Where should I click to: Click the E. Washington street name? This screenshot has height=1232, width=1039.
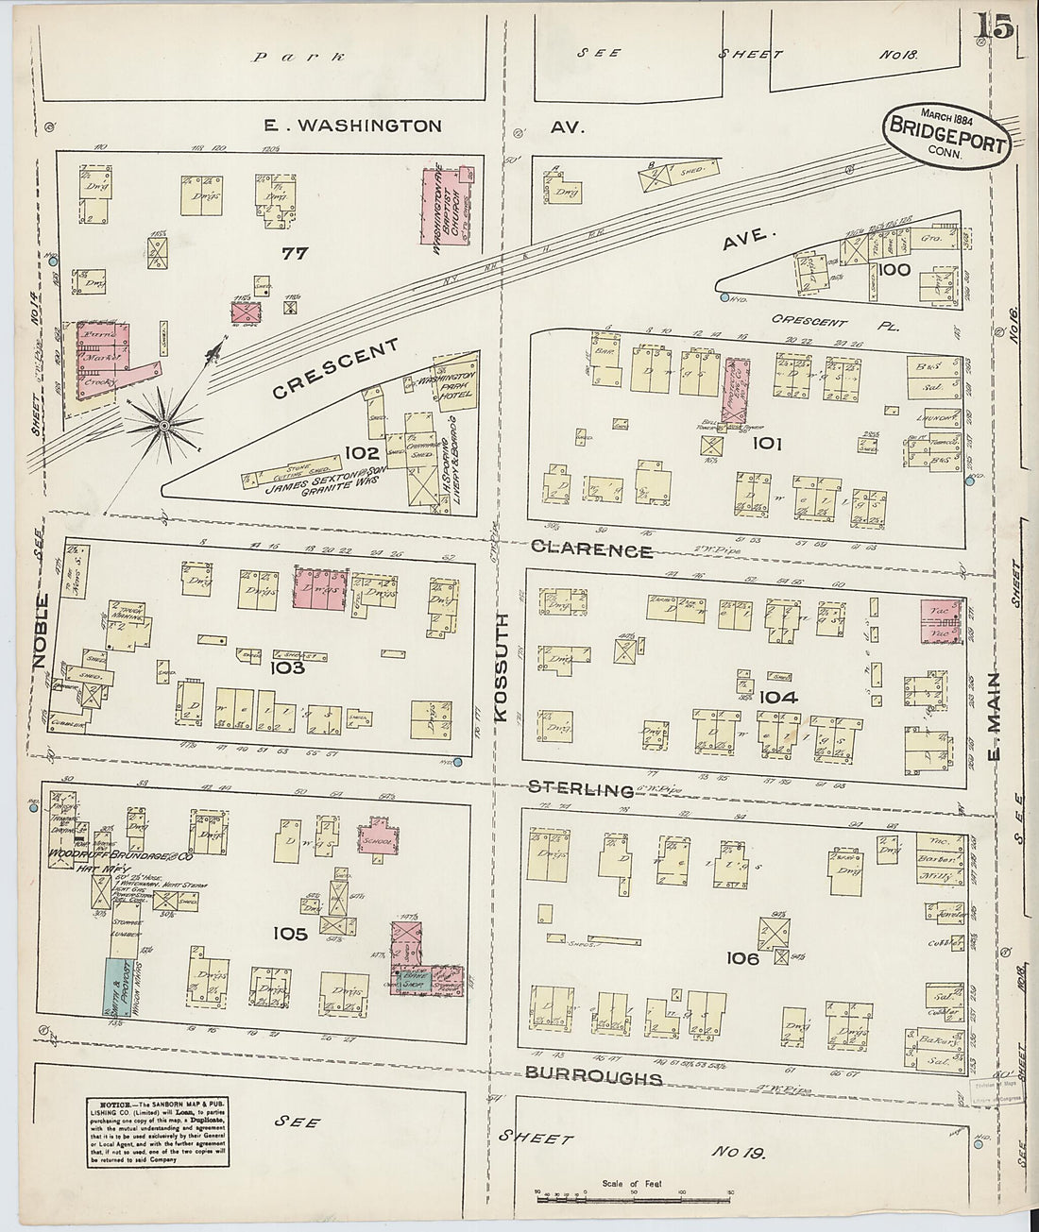[353, 126]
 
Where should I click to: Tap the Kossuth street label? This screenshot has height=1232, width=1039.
[500, 667]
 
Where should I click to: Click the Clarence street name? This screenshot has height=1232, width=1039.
[591, 550]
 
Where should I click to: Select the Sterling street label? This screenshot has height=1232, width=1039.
[580, 789]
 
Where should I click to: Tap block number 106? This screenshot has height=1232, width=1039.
[742, 958]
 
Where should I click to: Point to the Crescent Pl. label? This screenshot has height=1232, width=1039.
[809, 322]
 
